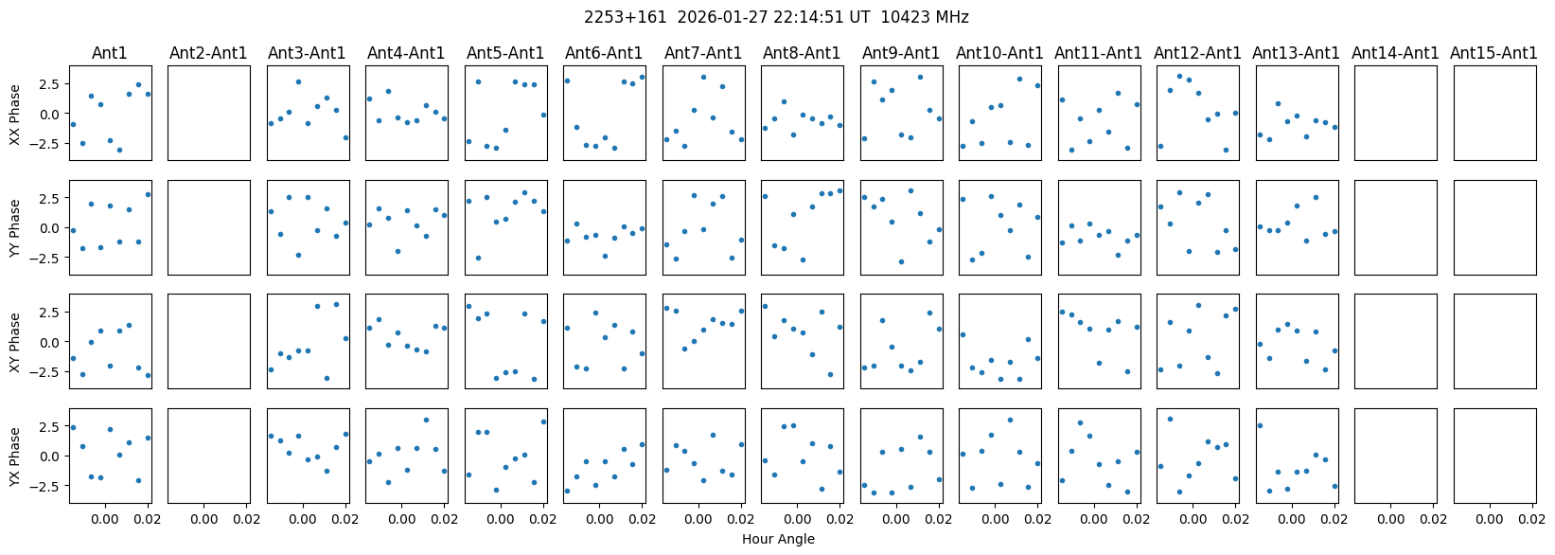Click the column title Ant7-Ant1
click(x=702, y=53)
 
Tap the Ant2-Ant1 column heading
click(x=208, y=53)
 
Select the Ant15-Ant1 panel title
click(x=1493, y=53)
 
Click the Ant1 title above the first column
click(x=110, y=53)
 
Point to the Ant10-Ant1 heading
click(x=999, y=53)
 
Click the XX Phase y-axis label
click(x=14, y=114)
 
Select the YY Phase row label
click(x=14, y=227)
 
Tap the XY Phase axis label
click(x=14, y=342)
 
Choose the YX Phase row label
click(x=14, y=457)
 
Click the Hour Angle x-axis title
click(x=778, y=539)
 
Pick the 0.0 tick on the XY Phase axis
click(x=52, y=342)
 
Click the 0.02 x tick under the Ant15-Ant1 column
click(x=1531, y=519)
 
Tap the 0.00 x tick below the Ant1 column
click(x=105, y=519)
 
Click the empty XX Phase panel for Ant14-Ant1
click(x=1395, y=114)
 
